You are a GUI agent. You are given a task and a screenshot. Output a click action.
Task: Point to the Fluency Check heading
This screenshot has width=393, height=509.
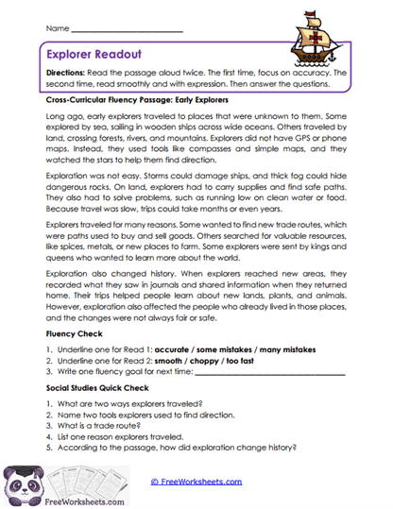tap(76, 335)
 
